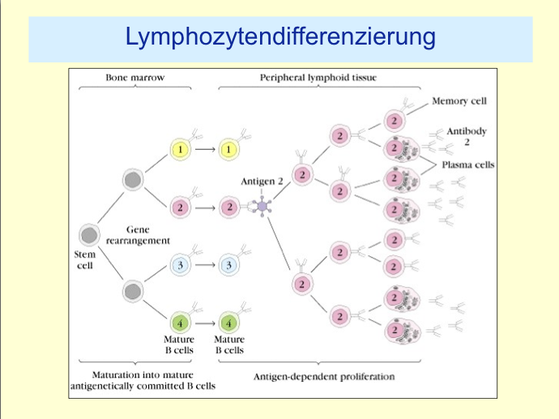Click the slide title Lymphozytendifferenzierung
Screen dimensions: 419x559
pyautogui.click(x=280, y=37)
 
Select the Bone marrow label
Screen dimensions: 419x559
pyautogui.click(x=134, y=78)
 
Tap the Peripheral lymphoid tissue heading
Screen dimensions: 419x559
pyautogui.click(x=318, y=78)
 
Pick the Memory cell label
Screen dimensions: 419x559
pyautogui.click(x=459, y=101)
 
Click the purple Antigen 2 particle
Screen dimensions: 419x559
pyautogui.click(x=264, y=207)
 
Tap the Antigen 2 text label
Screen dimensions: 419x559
pyautogui.click(x=261, y=182)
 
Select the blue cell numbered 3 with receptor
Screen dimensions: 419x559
pyautogui.click(x=229, y=265)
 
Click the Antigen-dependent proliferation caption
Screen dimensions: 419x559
pyautogui.click(x=324, y=377)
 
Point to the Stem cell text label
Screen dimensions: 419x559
pyautogui.click(x=85, y=259)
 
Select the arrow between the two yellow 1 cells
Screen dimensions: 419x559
pyautogui.click(x=205, y=150)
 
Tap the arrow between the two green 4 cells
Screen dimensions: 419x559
pyautogui.click(x=205, y=323)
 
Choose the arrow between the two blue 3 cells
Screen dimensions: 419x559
pyautogui.click(x=205, y=265)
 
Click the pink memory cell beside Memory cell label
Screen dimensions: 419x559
pyautogui.click(x=394, y=121)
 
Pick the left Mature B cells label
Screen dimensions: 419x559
pyautogui.click(x=180, y=345)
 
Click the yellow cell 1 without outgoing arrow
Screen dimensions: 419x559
pyautogui.click(x=229, y=150)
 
